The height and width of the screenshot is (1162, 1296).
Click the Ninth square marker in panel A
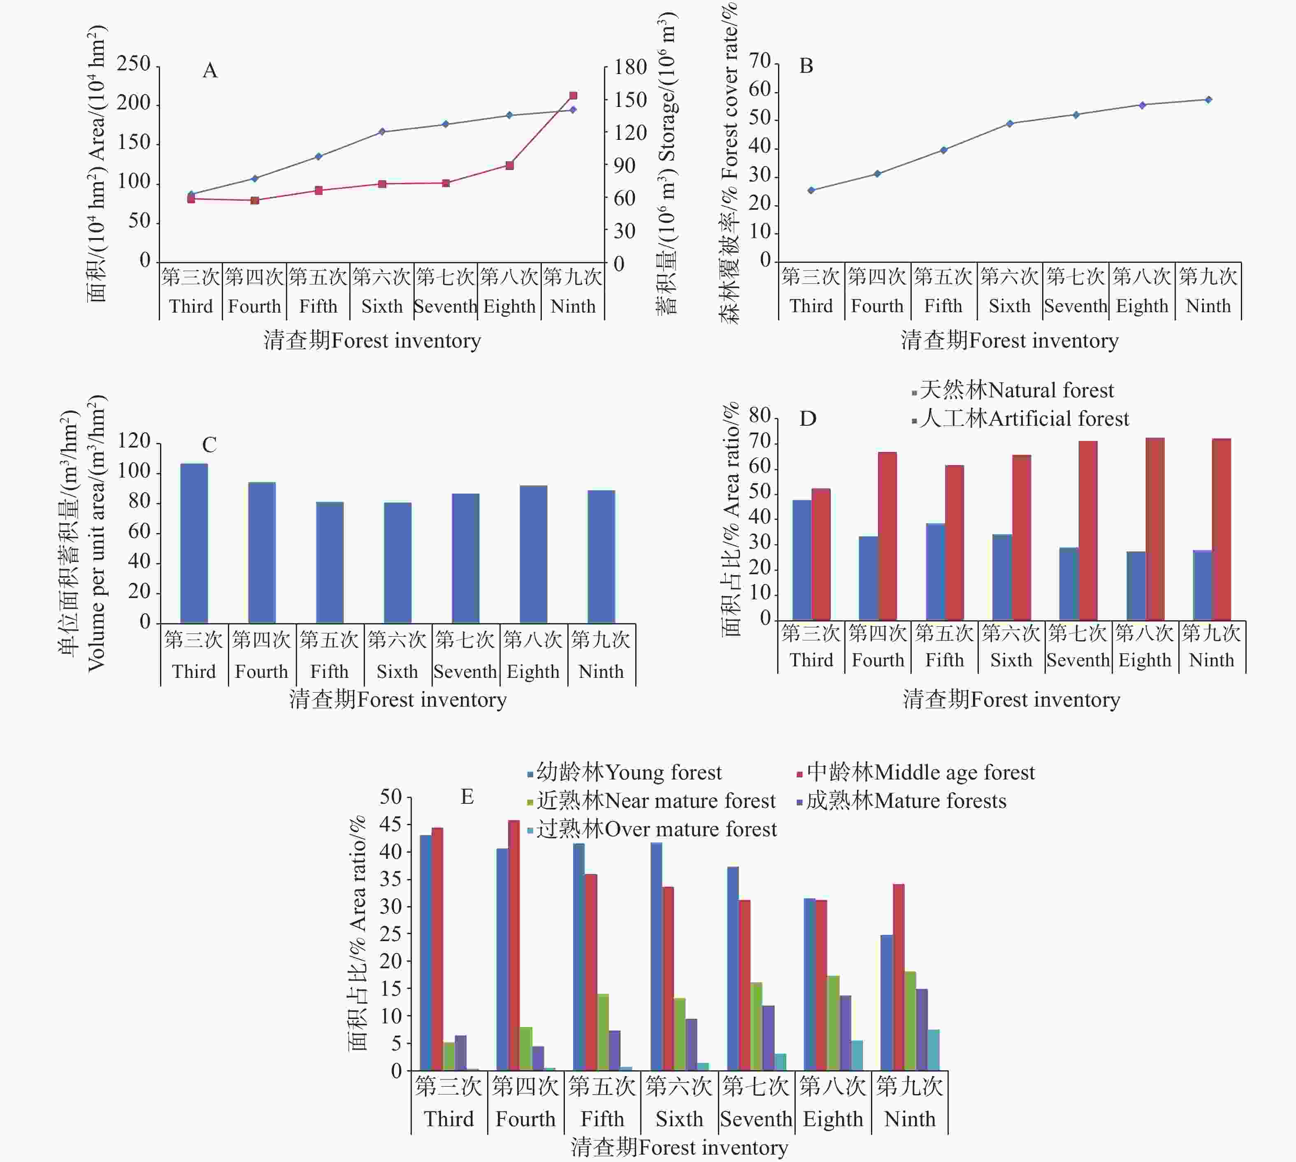pyautogui.click(x=573, y=96)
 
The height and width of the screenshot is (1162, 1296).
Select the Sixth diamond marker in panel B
pyautogui.click(x=1010, y=123)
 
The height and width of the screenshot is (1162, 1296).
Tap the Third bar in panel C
pyautogui.click(x=194, y=543)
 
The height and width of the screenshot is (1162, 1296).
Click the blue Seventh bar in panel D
pyautogui.click(x=1068, y=584)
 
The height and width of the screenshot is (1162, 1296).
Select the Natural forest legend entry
pyautogui.click(x=1015, y=390)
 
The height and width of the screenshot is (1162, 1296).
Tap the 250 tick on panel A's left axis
pyautogui.click(x=133, y=64)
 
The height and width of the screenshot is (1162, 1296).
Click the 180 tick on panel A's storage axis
pyautogui.click(x=630, y=67)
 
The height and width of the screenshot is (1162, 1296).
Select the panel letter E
pyautogui.click(x=467, y=797)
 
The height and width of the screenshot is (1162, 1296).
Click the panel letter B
pyautogui.click(x=806, y=66)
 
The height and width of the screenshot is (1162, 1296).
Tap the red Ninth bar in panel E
pyautogui.click(x=898, y=977)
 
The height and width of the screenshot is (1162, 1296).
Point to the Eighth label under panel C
pyautogui.click(x=533, y=672)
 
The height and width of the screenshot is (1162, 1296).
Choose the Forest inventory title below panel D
pyautogui.click(x=1011, y=700)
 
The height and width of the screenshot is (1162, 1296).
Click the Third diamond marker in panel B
pyautogui.click(x=811, y=190)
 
